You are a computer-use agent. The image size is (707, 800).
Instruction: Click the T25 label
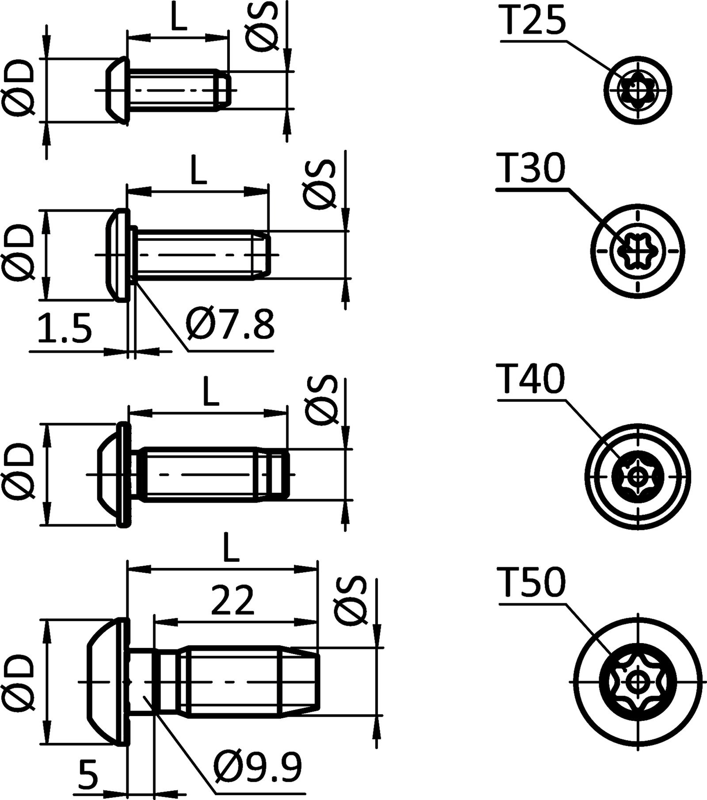click(x=533, y=21)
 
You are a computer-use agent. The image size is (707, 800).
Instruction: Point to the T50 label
click(x=532, y=582)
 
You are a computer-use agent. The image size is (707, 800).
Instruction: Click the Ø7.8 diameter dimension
click(x=230, y=325)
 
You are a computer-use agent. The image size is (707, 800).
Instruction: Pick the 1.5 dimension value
click(x=65, y=328)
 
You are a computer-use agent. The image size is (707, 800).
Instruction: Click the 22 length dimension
click(x=232, y=600)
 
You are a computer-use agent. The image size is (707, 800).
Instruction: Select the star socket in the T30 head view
click(x=638, y=251)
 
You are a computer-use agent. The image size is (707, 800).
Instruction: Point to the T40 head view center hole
click(x=638, y=477)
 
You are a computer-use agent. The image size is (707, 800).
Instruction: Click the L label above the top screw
click(x=178, y=19)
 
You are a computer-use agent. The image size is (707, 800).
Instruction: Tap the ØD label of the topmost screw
click(x=19, y=88)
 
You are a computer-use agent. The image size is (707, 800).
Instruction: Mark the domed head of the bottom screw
click(x=106, y=681)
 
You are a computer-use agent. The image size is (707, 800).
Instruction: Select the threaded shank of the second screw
click(x=194, y=255)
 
